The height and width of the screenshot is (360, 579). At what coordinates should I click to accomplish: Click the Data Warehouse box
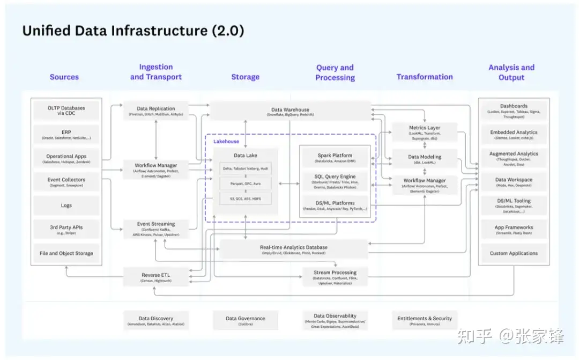[x=290, y=112]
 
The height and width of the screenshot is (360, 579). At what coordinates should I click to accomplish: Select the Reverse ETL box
[x=156, y=277]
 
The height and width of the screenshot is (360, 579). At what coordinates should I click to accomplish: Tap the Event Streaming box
[x=156, y=229]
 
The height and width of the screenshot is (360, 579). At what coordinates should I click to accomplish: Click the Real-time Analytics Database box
[x=294, y=249]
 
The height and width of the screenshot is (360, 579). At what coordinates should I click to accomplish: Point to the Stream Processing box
[x=335, y=277]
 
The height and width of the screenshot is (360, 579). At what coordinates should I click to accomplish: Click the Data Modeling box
[x=424, y=159]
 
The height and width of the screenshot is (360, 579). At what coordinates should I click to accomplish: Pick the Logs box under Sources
[x=66, y=205]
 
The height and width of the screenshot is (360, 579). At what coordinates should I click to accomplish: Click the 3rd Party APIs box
[x=66, y=230]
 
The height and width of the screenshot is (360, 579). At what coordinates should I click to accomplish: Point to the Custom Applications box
[x=514, y=253]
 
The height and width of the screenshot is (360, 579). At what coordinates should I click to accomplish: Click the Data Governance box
[x=245, y=320]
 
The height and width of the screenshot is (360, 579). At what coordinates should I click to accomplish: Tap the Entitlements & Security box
[x=424, y=320]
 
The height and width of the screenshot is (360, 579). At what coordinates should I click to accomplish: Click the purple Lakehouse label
[x=226, y=141]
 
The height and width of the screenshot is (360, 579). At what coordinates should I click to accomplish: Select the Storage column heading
[x=245, y=77]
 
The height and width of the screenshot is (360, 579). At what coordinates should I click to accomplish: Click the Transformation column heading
[x=424, y=77]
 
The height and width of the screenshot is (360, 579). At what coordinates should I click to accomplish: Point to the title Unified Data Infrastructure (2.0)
[x=133, y=31]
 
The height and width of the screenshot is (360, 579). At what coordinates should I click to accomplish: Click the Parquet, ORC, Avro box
[x=245, y=183]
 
